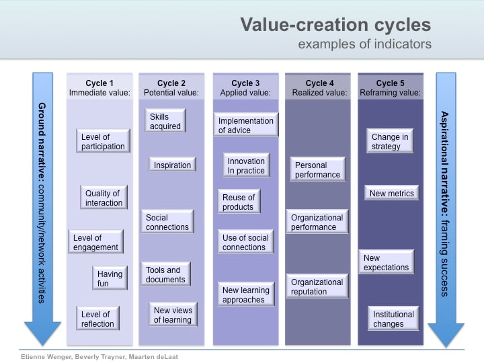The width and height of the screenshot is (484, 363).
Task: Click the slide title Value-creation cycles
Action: pos(335,25)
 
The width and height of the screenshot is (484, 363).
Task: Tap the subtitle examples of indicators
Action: pos(364,44)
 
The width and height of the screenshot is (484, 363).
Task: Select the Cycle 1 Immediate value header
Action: pos(99,88)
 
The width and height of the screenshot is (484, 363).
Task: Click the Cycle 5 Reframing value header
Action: pos(390,88)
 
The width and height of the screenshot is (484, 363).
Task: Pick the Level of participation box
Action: pos(103,142)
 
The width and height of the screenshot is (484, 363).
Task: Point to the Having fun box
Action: pos(110,278)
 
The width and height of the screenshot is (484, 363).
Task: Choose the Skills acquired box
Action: pos(165,122)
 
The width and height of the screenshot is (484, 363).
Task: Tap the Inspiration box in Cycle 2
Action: pos(172,165)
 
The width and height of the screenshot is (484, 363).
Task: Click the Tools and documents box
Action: pos(166,274)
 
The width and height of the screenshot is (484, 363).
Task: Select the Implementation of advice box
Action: pos(246,126)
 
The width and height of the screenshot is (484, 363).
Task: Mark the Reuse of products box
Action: pos(239,202)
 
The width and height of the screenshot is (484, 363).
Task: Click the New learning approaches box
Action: pos(245,295)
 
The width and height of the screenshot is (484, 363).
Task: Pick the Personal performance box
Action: pos(317,169)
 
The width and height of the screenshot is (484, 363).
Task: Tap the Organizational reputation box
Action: pos(317,286)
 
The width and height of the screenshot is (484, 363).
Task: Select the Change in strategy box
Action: pos(390,142)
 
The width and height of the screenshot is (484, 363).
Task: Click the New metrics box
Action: pos(393,194)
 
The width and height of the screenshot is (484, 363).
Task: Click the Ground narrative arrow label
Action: pos(42,202)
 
